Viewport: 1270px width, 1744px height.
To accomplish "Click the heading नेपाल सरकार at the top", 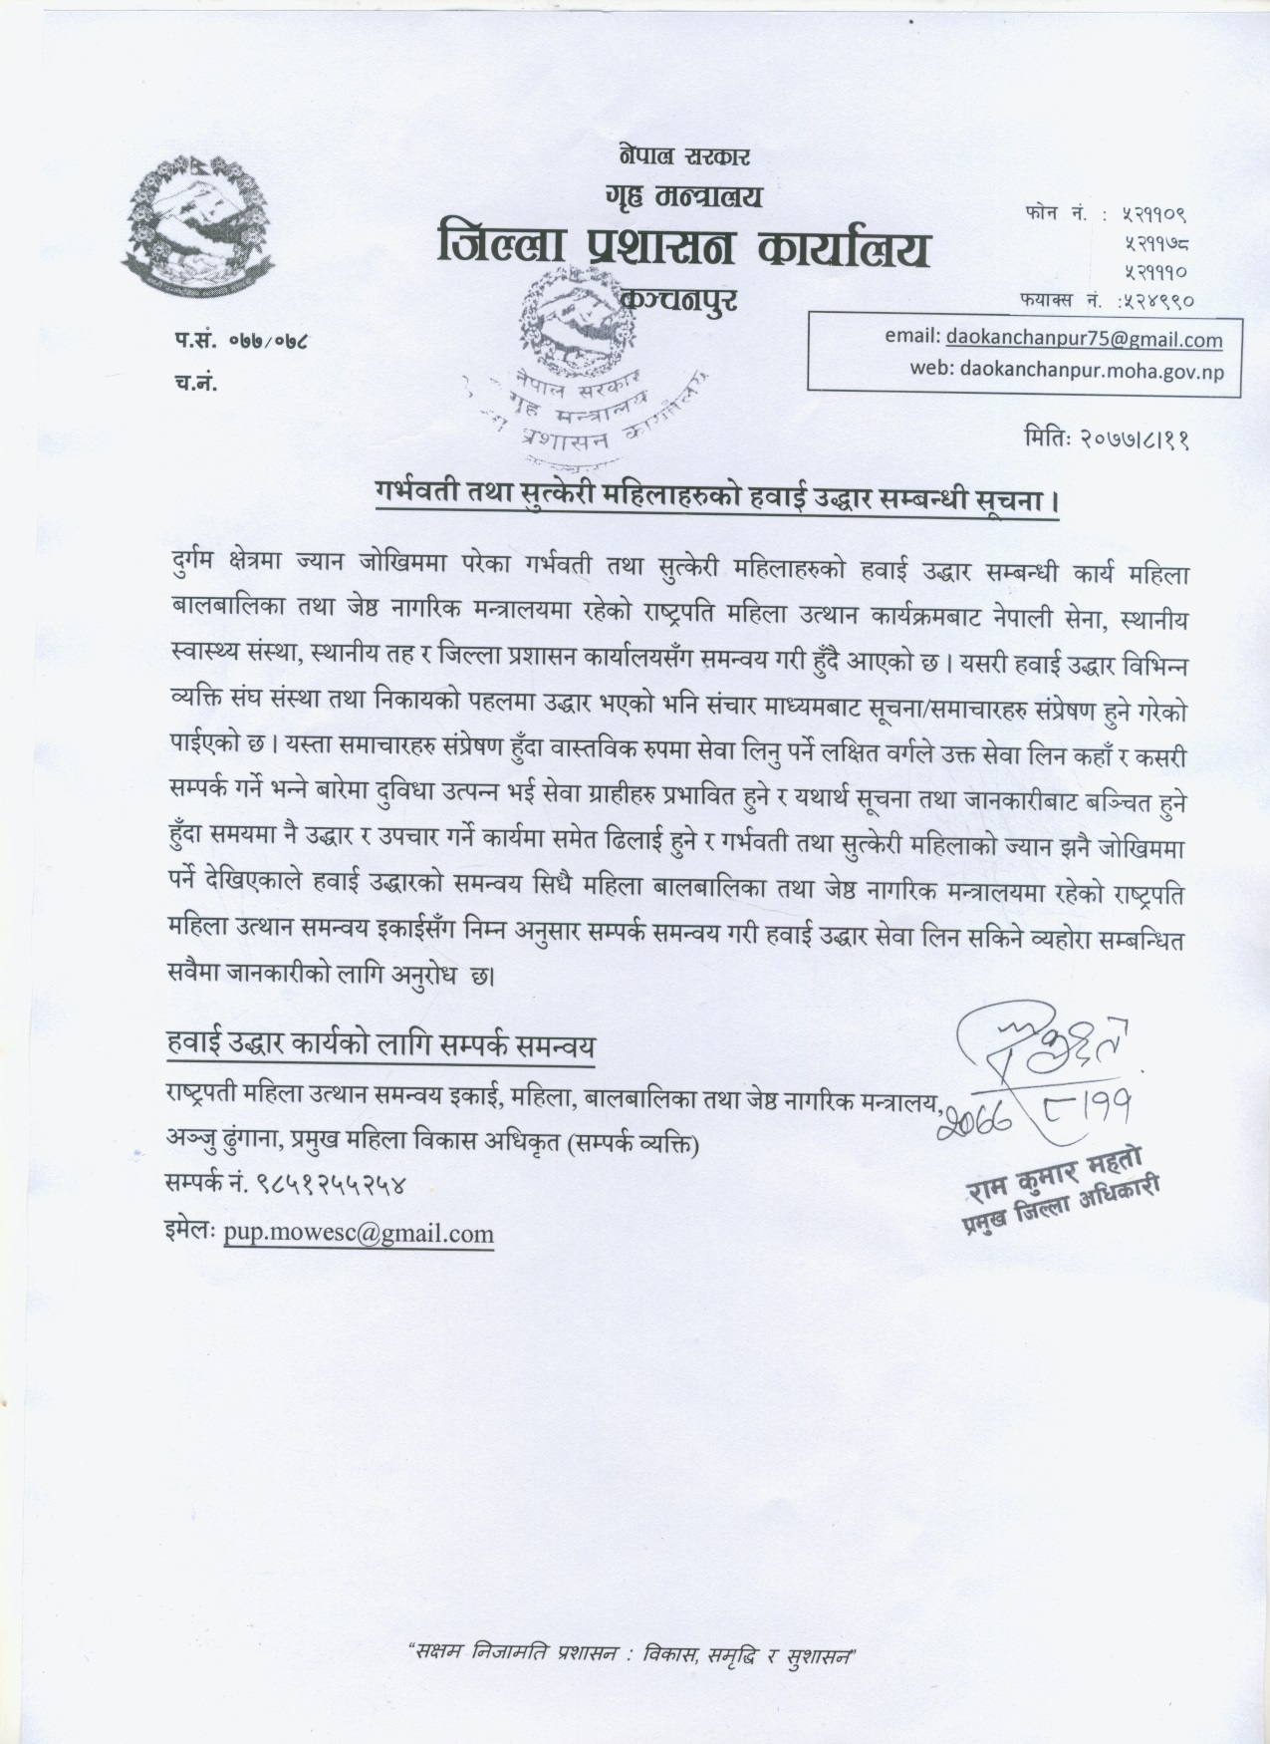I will point(683,155).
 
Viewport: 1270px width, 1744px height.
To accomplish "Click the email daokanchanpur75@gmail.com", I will point(1084,339).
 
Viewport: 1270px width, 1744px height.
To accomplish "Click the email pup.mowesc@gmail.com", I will point(359,1234).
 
